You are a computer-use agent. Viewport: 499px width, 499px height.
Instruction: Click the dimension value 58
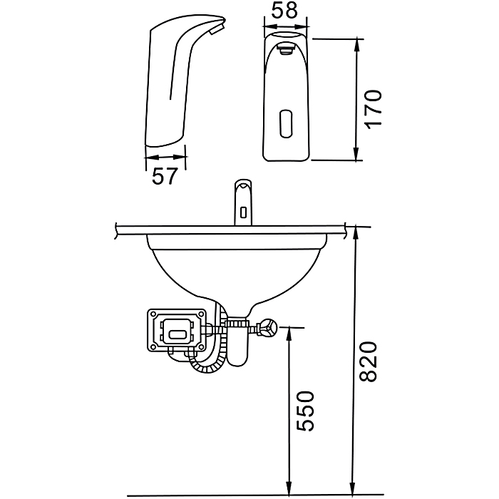285,10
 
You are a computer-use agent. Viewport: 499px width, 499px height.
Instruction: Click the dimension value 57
164,176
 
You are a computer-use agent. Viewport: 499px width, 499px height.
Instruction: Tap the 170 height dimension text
374,109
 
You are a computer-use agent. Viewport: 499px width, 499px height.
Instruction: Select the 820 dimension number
369,361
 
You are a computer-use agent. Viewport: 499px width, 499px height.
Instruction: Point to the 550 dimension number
306,411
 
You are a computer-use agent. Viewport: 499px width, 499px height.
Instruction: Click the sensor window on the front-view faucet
286,123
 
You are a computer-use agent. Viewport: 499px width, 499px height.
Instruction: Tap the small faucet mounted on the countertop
243,202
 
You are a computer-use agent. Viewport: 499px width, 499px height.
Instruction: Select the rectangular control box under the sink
177,330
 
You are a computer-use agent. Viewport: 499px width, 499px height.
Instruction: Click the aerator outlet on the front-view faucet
286,49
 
